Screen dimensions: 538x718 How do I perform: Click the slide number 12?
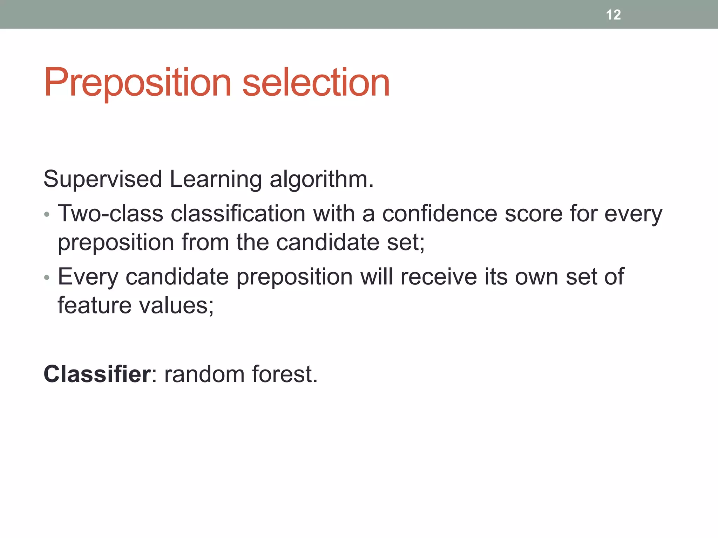613,15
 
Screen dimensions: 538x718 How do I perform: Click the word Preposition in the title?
137,83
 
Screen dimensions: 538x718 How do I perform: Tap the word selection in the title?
316,83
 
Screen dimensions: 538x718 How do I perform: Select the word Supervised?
102,179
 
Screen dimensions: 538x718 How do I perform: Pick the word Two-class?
110,213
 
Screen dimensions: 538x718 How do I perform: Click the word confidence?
440,213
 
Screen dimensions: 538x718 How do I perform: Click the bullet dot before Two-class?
47,214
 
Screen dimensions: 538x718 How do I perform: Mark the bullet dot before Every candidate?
47,278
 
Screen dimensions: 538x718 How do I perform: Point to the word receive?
439,277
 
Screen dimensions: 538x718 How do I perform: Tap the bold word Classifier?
97,374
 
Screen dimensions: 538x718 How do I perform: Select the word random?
204,374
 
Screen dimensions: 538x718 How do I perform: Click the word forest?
284,374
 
